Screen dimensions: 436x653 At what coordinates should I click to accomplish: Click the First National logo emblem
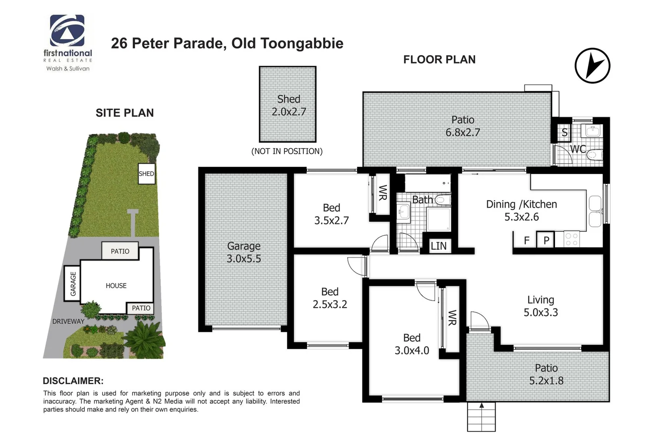pyautogui.click(x=67, y=31)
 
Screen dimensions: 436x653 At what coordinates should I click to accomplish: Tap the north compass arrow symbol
pyautogui.click(x=592, y=66)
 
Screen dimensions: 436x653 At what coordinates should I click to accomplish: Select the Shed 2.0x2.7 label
pyautogui.click(x=289, y=105)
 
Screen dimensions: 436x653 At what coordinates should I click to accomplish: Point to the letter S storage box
pyautogui.click(x=564, y=132)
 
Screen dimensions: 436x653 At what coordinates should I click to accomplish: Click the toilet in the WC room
pyautogui.click(x=595, y=154)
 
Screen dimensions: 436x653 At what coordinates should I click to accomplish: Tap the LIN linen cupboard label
pyautogui.click(x=439, y=246)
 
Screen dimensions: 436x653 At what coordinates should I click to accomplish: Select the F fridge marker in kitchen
pyautogui.click(x=526, y=241)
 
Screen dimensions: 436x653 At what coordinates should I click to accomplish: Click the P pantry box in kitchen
pyautogui.click(x=546, y=240)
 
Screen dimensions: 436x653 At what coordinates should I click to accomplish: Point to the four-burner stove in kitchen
pyautogui.click(x=571, y=239)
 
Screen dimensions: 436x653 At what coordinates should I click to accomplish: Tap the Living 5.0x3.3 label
pyautogui.click(x=541, y=306)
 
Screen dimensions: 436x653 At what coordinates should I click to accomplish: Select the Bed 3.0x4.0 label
pyautogui.click(x=412, y=344)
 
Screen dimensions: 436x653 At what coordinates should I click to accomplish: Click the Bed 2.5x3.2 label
pyautogui.click(x=330, y=298)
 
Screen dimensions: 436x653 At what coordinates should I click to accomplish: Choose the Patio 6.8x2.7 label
pyautogui.click(x=463, y=126)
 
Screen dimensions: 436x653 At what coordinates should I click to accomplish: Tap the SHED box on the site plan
pyautogui.click(x=146, y=174)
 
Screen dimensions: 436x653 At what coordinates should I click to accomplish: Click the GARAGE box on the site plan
pyautogui.click(x=73, y=283)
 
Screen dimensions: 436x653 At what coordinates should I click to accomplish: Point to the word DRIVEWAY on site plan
pyautogui.click(x=69, y=321)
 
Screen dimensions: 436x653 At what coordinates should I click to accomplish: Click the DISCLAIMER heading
pyautogui.click(x=73, y=381)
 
